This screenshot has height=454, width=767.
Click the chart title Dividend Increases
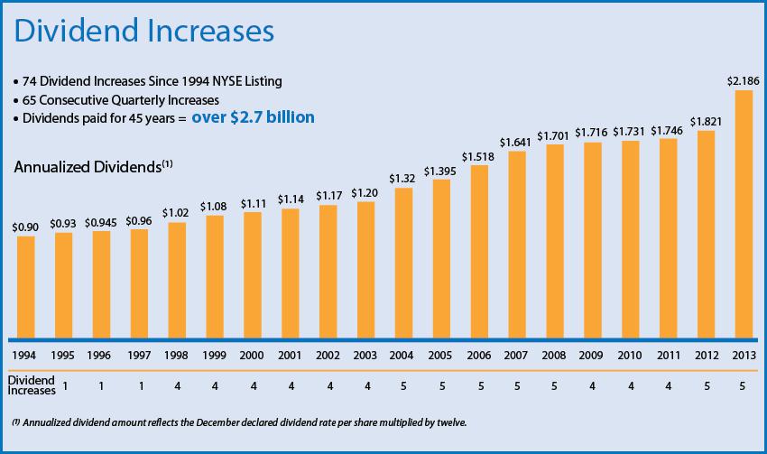pos(143,32)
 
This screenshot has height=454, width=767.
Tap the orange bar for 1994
pos(25,285)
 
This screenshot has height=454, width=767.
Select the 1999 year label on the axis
pos(215,353)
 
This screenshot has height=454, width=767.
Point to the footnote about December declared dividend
pos(242,422)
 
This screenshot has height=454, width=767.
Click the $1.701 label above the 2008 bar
pos(556,135)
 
